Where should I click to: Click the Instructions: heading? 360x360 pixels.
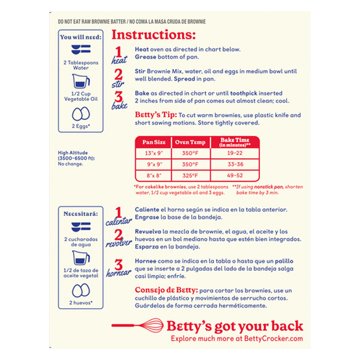[153, 35]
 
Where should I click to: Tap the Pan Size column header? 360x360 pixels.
[154, 142]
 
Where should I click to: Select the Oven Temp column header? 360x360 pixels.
[190, 142]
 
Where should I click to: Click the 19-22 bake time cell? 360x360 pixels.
[234, 153]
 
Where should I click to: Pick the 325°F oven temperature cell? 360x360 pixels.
[190, 175]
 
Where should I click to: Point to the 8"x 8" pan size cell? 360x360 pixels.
[154, 175]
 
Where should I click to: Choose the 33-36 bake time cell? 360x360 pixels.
[235, 164]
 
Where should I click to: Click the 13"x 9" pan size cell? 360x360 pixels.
[154, 153]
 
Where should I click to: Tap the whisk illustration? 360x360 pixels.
[137, 325]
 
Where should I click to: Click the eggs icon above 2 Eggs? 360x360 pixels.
[81, 114]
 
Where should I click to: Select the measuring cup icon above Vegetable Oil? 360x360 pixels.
[81, 81]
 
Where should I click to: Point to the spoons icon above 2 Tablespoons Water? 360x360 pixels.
[81, 49]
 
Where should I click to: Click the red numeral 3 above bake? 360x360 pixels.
[118, 96]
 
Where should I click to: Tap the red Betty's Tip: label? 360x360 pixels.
[156, 115]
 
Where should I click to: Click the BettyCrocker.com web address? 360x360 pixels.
[274, 338]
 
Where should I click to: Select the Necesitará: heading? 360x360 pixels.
[81, 214]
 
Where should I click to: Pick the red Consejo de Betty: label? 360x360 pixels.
[166, 290]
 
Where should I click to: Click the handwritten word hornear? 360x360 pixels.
[118, 273]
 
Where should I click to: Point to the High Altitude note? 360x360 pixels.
[76, 158]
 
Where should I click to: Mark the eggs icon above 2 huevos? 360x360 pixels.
[81, 290]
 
